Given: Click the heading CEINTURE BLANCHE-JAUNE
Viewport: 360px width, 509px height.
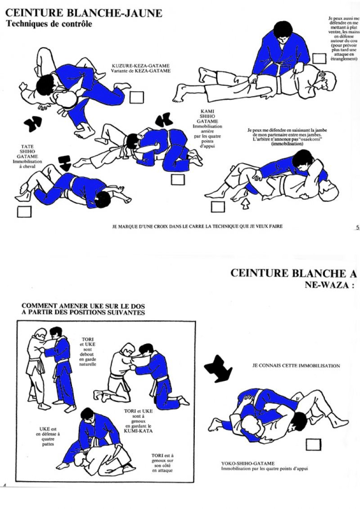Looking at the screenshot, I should tap(84, 13).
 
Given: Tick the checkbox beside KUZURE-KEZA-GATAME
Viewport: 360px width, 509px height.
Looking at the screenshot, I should tap(136, 97).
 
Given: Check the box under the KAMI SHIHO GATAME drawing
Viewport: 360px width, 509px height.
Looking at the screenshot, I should tap(178, 179).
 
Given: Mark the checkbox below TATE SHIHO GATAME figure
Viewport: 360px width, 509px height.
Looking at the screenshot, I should tap(24, 211).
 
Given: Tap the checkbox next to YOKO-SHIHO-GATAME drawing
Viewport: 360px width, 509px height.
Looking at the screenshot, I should tap(313, 444).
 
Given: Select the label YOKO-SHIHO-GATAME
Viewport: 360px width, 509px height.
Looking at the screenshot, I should tap(248, 463).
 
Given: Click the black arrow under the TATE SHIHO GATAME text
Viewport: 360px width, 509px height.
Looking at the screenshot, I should tap(65, 162).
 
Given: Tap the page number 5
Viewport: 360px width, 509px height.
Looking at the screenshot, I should tap(357, 228).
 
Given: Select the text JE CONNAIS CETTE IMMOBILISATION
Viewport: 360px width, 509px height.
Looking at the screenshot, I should tap(296, 366).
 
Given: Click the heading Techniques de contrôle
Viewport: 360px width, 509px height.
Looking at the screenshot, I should tap(49, 24).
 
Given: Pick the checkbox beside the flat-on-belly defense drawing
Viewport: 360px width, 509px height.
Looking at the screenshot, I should tap(319, 58).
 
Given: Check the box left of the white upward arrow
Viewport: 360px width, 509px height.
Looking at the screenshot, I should tap(218, 206).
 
